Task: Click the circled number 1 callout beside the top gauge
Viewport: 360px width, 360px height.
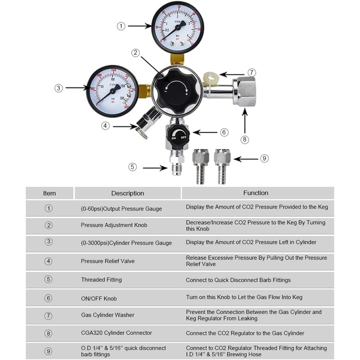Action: (121, 26)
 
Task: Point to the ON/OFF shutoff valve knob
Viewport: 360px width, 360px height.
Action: (177, 135)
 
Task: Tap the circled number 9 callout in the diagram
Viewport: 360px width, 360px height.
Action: (265, 158)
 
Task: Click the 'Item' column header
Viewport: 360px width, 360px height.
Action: (49, 193)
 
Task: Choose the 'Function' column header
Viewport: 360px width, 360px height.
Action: (256, 193)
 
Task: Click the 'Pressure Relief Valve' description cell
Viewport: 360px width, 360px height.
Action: (108, 261)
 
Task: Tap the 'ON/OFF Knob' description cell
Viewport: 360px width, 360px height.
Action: (99, 298)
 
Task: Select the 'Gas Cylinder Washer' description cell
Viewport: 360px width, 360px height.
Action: (108, 315)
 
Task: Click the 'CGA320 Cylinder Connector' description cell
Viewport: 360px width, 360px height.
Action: (117, 333)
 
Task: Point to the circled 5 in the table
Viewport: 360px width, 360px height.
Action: (49, 279)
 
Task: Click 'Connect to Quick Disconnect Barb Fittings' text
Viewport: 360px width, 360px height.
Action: (238, 280)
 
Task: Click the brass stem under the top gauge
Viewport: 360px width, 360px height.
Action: (177, 59)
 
